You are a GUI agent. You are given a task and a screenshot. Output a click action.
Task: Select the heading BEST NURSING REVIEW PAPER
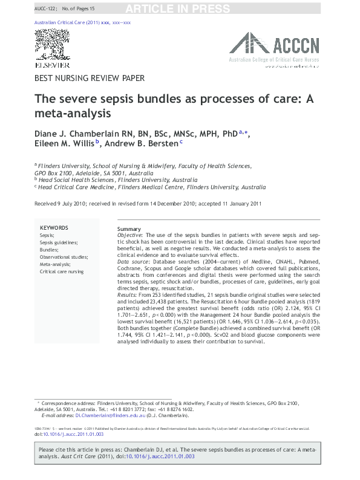pos(90,78)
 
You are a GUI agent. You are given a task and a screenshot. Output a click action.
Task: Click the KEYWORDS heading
pos(54,228)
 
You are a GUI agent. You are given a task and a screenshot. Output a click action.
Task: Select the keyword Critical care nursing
pos(62,271)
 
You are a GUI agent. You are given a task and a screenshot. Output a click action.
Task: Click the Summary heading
pos(129,229)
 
